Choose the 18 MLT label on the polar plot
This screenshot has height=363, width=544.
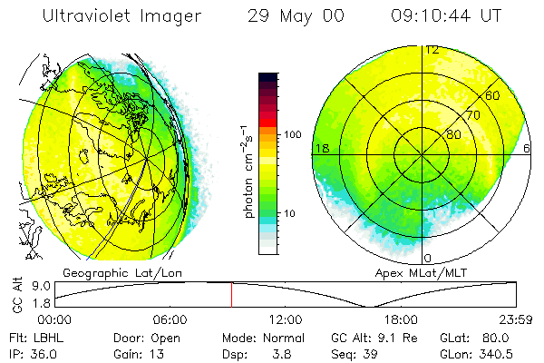point(321,147)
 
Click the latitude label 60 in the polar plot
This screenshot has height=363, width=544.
point(493,95)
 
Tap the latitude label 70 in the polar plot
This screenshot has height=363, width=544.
point(472,115)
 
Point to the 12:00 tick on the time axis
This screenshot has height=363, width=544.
point(285,319)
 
